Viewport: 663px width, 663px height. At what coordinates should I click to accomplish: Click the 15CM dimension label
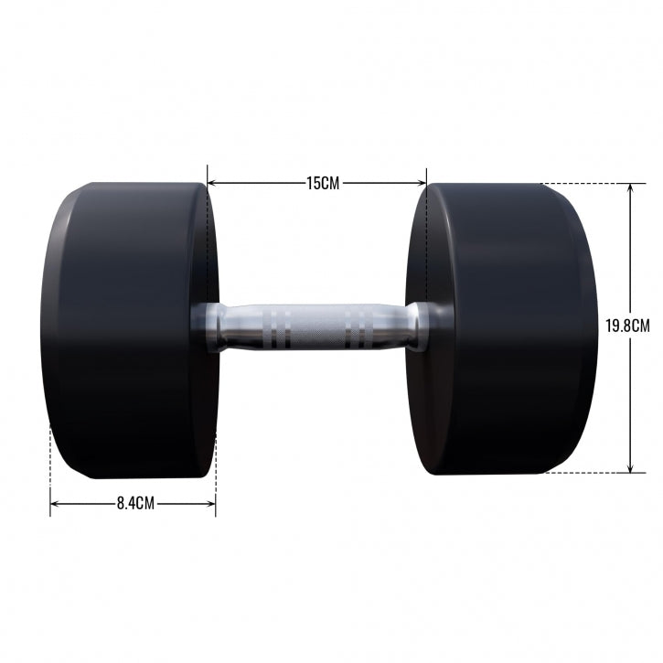click(x=322, y=183)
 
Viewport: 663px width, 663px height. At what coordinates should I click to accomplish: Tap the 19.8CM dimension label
click(x=628, y=326)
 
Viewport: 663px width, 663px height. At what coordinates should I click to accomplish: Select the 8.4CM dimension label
click(x=134, y=503)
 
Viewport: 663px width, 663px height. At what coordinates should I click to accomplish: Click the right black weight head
click(x=503, y=329)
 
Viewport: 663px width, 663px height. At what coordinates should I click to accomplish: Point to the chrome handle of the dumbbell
click(x=315, y=327)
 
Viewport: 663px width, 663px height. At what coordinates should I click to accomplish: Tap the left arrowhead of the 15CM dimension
click(x=212, y=183)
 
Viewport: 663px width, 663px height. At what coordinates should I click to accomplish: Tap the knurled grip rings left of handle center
click(x=282, y=328)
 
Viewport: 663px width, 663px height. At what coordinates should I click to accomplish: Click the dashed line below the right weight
click(x=585, y=473)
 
